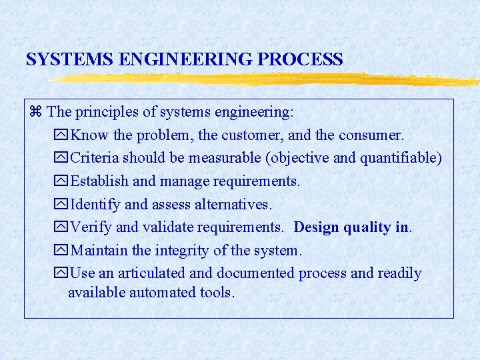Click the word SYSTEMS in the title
pos(69,59)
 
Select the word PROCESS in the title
pos(300,59)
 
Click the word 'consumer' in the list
pos(371,135)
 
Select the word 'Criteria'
pos(94,158)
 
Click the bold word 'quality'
pos(367,227)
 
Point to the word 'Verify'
pos(90,227)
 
